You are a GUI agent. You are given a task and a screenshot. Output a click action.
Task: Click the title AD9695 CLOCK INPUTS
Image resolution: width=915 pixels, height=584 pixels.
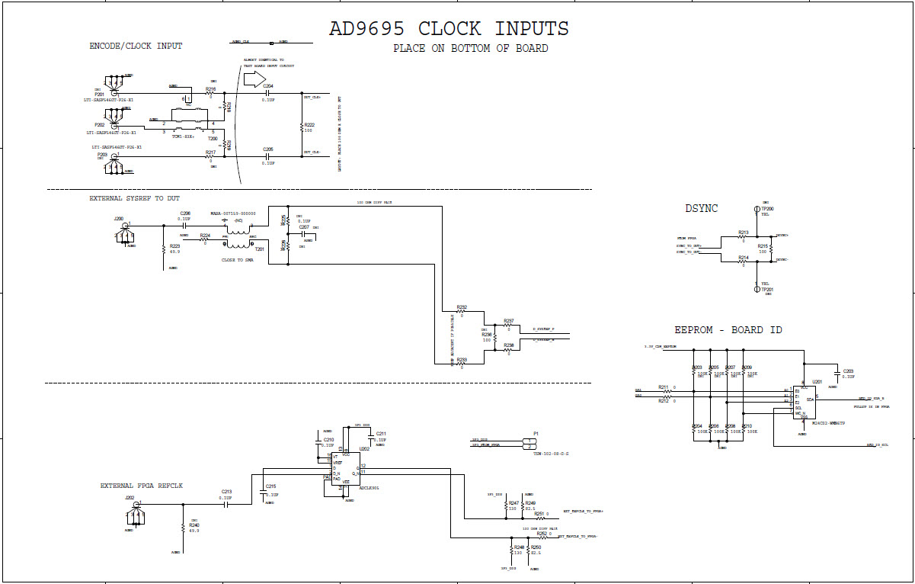(448, 29)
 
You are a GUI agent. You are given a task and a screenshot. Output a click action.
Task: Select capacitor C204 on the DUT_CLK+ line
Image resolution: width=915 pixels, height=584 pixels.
(268, 92)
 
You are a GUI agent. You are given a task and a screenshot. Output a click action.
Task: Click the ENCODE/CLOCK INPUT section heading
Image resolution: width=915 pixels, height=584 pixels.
(136, 47)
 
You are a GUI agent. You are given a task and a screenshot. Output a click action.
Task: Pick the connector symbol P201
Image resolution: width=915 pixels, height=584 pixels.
(114, 86)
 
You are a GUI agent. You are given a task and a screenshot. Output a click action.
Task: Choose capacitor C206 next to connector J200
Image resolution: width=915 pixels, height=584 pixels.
(184, 225)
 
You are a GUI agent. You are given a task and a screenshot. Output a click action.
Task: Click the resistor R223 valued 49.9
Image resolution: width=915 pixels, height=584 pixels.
(164, 249)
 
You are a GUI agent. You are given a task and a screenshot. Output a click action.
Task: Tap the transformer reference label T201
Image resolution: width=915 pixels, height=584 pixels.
(259, 249)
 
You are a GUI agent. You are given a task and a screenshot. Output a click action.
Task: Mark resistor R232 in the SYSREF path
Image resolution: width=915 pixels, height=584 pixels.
(462, 312)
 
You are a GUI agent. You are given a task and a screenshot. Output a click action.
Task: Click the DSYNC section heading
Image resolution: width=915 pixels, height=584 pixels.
(701, 208)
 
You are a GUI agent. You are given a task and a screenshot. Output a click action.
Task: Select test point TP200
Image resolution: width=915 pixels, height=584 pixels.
(756, 209)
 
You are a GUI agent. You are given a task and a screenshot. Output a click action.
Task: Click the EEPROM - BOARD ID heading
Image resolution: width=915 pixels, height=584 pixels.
(728, 330)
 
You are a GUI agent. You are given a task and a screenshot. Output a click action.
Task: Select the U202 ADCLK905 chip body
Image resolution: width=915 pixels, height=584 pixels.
(344, 471)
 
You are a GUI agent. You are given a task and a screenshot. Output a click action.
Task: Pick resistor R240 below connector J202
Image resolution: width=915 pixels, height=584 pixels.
(181, 527)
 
